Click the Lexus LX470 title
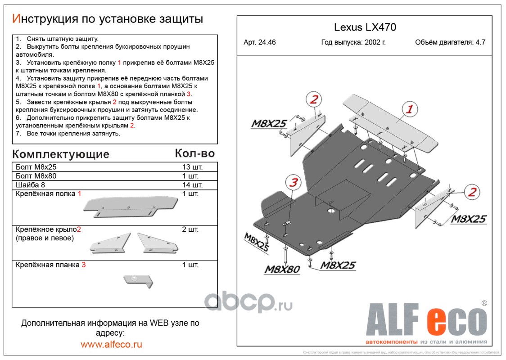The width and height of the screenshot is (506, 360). click(365, 27)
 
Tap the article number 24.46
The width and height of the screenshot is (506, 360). click(260, 43)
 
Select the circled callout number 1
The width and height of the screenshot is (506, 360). click(409, 109)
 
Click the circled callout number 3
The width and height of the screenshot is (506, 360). click(293, 183)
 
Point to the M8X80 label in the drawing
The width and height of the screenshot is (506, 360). click(282, 270)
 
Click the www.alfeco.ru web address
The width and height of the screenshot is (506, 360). click(111, 344)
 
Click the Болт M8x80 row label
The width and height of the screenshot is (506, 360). click(36, 176)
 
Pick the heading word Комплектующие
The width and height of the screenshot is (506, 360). click(61, 154)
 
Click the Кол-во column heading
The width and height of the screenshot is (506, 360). click(194, 153)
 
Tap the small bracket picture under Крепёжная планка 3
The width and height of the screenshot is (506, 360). click(138, 281)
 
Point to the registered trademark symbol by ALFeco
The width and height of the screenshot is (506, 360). click(484, 304)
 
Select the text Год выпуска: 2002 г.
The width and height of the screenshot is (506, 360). click(353, 43)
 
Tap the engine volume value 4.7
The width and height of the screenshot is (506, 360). click(480, 43)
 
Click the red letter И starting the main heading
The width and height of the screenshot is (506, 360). click(16, 19)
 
